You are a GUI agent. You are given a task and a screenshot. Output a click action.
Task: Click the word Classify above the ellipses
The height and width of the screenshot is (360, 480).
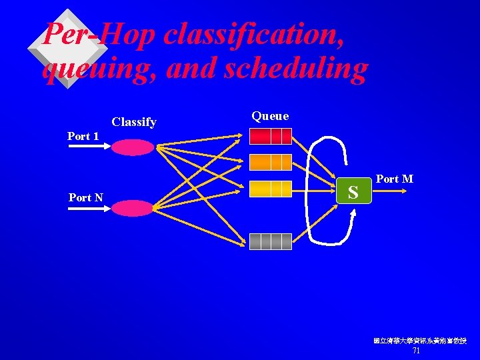[x=134, y=122]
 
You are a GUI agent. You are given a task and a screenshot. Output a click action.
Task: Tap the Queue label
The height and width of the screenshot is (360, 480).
[x=270, y=116]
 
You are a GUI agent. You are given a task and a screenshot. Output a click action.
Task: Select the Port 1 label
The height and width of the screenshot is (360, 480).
[x=83, y=136]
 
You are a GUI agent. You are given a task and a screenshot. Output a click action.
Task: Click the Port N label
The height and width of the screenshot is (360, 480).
[x=85, y=197]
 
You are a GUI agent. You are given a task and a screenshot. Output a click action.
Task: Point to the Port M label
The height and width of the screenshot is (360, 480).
[x=395, y=179]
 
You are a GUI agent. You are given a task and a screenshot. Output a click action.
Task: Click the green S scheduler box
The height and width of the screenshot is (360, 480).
[x=353, y=192]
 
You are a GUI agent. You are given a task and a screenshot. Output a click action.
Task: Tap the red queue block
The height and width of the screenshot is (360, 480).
[x=271, y=136]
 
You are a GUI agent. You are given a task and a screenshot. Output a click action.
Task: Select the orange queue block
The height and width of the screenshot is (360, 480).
[x=271, y=162]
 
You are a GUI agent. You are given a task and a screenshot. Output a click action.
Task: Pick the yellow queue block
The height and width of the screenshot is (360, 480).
[x=271, y=189]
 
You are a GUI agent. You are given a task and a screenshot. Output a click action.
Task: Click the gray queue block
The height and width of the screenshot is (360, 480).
[x=271, y=241]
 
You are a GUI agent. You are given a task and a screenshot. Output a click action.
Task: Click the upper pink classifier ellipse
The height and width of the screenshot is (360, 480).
[x=132, y=147]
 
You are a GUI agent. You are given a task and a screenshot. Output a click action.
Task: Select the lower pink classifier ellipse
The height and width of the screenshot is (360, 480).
[x=132, y=209]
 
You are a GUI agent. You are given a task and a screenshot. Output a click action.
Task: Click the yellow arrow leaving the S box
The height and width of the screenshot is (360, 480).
[x=390, y=192]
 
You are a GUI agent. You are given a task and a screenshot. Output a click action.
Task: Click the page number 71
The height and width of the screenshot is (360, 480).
[x=416, y=351]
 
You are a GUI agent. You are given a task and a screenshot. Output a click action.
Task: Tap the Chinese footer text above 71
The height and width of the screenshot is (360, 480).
[x=419, y=341]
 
